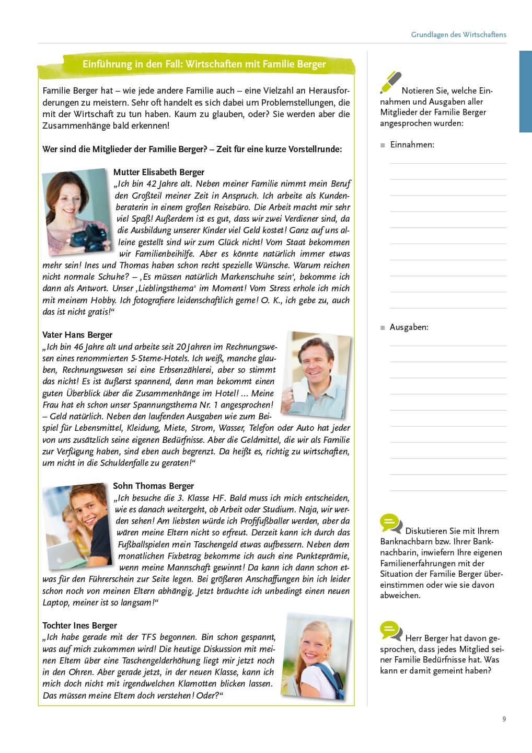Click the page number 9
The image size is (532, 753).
tap(504, 719)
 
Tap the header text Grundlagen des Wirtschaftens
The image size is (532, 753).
tap(458, 35)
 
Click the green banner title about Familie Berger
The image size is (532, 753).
tap(204, 64)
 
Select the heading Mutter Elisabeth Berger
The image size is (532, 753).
tap(158, 172)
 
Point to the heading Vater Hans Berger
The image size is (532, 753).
tap(77, 335)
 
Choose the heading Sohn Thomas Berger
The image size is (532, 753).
tap(153, 486)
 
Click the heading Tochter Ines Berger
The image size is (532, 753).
tap(79, 625)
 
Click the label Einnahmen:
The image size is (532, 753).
tap(412, 144)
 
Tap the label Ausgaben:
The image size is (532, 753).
tap(409, 327)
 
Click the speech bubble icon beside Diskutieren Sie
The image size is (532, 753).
tap(390, 523)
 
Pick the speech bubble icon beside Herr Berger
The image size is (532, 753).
tap(390, 630)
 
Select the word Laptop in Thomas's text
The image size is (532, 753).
tap(56, 602)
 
